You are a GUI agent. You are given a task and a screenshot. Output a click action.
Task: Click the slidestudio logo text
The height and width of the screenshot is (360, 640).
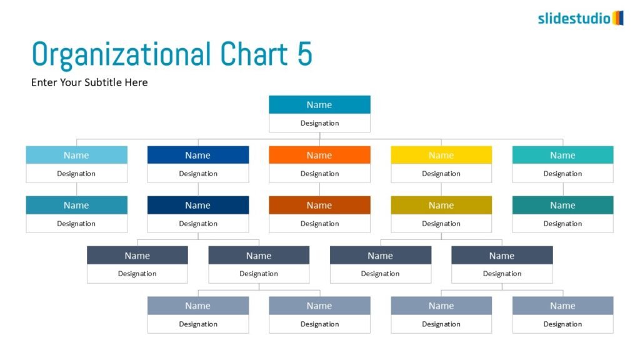coord(574,18)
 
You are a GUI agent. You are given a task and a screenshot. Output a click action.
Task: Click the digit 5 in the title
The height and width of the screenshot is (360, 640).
coord(304,54)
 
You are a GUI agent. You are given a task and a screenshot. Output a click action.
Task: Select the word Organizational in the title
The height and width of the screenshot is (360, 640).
coord(121,55)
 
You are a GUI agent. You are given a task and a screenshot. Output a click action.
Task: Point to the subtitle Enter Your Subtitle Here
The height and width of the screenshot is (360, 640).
coord(89,82)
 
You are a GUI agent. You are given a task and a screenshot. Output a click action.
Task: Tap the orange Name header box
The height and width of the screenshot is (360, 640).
coord(319,155)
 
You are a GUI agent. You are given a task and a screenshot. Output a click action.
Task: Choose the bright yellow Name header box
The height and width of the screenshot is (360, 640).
coord(441,155)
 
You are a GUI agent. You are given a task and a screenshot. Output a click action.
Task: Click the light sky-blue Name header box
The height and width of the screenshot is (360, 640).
coord(77,155)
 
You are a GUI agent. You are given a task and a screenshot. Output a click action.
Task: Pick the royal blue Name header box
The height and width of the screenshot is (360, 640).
coord(198,155)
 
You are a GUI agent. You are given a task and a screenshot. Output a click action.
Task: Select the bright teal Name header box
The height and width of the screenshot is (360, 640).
coord(563,155)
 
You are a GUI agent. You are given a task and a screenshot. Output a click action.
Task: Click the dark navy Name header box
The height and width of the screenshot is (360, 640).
coord(198,205)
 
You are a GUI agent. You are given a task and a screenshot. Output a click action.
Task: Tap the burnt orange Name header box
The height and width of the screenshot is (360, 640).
coord(319,205)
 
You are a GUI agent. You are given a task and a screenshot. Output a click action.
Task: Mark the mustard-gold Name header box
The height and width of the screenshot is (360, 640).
coord(441,205)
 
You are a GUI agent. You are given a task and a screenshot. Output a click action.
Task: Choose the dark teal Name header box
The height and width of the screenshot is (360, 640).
coord(563,205)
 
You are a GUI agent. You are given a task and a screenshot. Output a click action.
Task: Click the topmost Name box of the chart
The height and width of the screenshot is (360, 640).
coord(319,105)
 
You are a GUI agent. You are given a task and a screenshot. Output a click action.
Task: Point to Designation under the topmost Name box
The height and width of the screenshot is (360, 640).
coord(319,123)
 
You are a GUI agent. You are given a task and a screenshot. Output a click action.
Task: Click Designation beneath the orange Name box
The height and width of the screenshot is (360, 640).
coord(319,174)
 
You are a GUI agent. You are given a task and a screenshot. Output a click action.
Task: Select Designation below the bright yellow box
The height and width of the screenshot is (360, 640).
coord(441,174)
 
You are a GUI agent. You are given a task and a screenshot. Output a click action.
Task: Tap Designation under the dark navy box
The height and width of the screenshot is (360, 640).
coord(198,224)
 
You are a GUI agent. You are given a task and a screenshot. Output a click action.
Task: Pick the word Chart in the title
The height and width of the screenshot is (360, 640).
coord(254,54)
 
